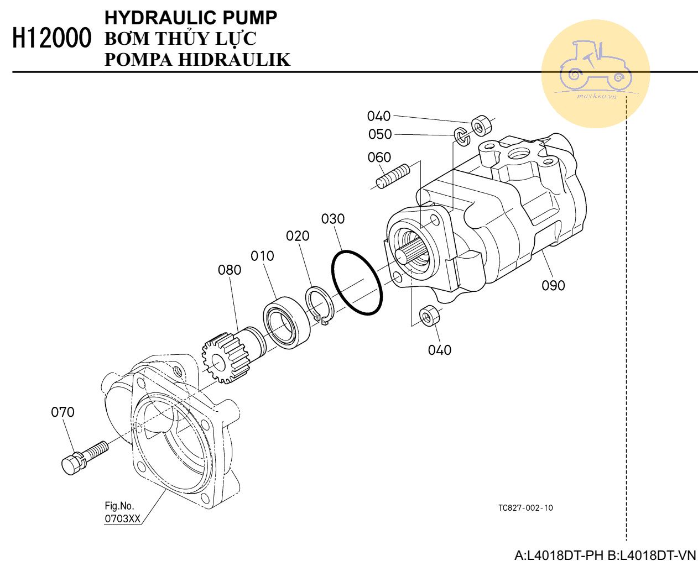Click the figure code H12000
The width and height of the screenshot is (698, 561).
[x=51, y=39]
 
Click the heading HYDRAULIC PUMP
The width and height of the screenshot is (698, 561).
[x=191, y=18]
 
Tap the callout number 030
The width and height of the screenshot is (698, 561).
[x=333, y=219]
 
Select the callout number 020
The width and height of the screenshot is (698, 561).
[x=298, y=236]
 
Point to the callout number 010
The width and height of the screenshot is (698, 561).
[x=262, y=256]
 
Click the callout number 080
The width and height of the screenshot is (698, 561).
[x=230, y=270]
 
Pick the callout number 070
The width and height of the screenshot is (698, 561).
[x=62, y=412]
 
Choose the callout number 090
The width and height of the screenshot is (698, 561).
[x=553, y=285]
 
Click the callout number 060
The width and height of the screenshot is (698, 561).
[x=379, y=158]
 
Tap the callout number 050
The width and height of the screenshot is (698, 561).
[x=380, y=134]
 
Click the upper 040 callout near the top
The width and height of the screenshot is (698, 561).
[x=379, y=116]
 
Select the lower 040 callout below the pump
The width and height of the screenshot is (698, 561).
[x=440, y=350]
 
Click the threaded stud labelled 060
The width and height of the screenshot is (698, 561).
[x=393, y=176]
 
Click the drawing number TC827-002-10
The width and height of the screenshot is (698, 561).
[x=525, y=508]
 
